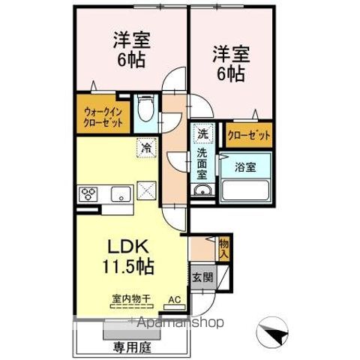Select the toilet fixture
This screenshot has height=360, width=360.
click(x=148, y=110)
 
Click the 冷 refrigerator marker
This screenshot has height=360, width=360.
click(x=145, y=148)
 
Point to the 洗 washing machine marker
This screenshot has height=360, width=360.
click(x=202, y=135)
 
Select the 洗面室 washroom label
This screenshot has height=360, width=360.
click(x=202, y=164)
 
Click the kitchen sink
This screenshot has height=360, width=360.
click(x=121, y=194)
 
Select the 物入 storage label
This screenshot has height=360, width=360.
click(x=224, y=247)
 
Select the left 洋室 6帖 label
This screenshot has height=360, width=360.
click(x=129, y=49)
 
